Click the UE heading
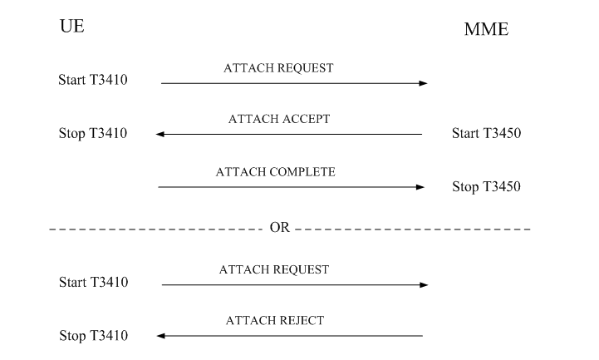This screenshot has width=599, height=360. point(71,27)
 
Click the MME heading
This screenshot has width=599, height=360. point(486,31)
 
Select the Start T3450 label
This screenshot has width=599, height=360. point(486,133)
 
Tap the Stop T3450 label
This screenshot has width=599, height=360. point(486,186)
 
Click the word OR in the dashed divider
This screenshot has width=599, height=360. point(280,227)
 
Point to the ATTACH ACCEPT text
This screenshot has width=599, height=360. point(279,119)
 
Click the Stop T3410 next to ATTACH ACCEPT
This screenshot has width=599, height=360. point(93,133)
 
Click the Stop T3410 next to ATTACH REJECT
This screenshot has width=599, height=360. point(93,336)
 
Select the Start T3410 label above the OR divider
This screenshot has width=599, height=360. point(93,81)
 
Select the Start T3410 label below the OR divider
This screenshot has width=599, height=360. point(93,283)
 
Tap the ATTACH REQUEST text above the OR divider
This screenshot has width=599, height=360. point(279,68)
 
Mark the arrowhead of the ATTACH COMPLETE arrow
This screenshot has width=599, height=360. point(420,187)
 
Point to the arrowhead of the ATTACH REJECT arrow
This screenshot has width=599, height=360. point(160,336)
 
